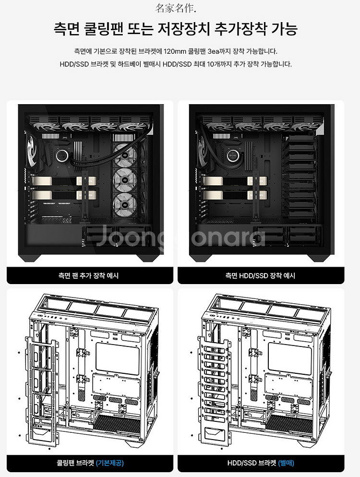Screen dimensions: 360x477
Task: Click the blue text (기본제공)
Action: [x=109, y=463]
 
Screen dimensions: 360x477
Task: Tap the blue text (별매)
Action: [x=286, y=463]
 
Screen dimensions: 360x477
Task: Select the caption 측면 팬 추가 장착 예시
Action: [x=88, y=275]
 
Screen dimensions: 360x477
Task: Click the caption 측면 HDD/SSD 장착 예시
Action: [x=260, y=275]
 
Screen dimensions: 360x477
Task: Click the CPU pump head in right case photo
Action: [x=234, y=155]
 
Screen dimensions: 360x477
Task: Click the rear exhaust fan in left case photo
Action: [x=32, y=151]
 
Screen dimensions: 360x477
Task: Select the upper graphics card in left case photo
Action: [x=64, y=181]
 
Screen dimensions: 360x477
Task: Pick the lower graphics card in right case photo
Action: [x=235, y=195]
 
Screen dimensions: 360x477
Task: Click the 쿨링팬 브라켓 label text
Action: [x=75, y=463]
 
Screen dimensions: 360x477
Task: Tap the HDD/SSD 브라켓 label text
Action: [x=252, y=463]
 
